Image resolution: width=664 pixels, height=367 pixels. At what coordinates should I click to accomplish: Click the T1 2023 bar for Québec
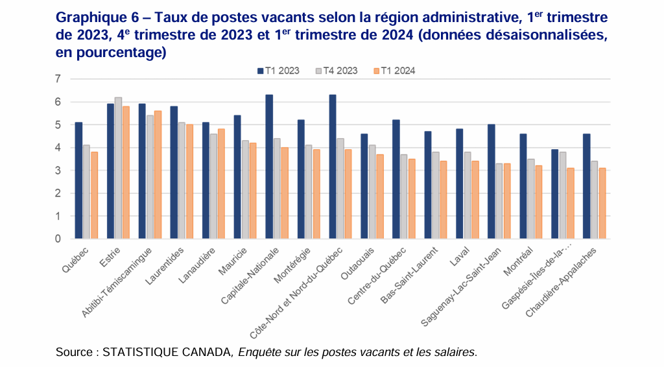point(78,181)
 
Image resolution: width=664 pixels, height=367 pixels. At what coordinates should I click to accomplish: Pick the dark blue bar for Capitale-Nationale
point(269,167)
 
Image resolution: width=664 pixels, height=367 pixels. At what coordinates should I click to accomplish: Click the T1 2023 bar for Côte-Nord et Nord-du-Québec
point(333,167)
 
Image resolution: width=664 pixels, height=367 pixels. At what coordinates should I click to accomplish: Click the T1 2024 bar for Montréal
point(539,202)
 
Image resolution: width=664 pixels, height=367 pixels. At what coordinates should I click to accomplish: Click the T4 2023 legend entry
point(336,71)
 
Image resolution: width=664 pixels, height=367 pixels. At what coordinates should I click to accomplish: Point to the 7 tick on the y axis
point(58,79)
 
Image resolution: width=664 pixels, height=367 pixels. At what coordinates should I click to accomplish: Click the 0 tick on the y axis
point(58,239)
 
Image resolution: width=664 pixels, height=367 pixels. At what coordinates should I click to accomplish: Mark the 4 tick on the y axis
point(58,148)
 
